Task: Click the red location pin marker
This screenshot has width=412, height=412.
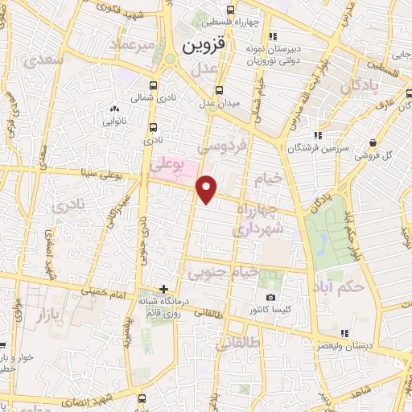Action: click(x=208, y=189)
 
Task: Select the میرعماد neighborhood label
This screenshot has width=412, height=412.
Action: click(x=134, y=45)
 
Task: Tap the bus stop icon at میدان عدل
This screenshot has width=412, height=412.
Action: click(x=220, y=91)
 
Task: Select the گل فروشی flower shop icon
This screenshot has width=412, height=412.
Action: click(x=373, y=143)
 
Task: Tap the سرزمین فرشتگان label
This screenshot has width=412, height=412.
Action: click(x=317, y=148)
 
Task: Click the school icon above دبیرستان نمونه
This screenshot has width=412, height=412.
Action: click(x=273, y=35)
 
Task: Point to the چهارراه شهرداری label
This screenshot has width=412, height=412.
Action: click(x=257, y=219)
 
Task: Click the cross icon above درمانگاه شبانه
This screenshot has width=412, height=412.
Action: click(x=163, y=289)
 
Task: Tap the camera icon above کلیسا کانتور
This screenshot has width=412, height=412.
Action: click(x=270, y=297)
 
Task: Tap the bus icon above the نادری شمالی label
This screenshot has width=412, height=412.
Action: click(x=154, y=126)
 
